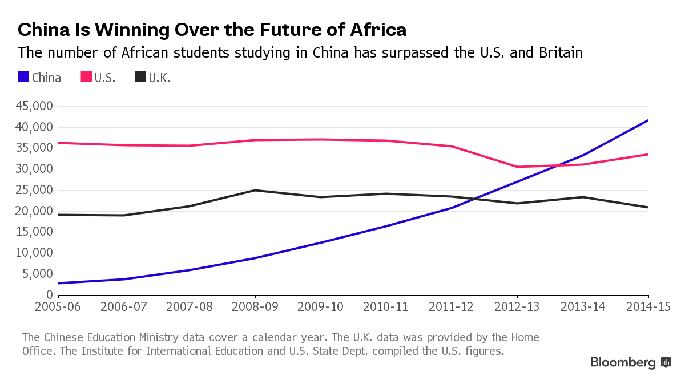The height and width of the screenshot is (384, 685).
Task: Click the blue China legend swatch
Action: pos(23,77)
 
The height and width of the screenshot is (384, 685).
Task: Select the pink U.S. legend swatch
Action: pos(86,77)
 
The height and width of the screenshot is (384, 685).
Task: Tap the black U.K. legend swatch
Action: pos(140,77)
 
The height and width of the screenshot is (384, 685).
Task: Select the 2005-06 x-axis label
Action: pos(59,306)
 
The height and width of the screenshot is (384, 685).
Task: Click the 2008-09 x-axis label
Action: pos(255,306)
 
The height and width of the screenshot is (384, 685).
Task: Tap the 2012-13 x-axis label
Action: pos(517,306)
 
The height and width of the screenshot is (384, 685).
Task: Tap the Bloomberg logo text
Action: pos(623,362)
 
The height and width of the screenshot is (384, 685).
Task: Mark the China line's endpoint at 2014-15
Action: pos(648,120)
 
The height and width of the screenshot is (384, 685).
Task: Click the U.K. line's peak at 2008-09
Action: pos(255,190)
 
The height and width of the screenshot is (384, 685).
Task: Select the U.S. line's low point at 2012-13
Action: pos(517,167)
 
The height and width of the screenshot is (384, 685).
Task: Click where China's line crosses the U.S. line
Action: pos(558,165)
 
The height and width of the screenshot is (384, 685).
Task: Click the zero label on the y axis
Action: pos(50,295)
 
